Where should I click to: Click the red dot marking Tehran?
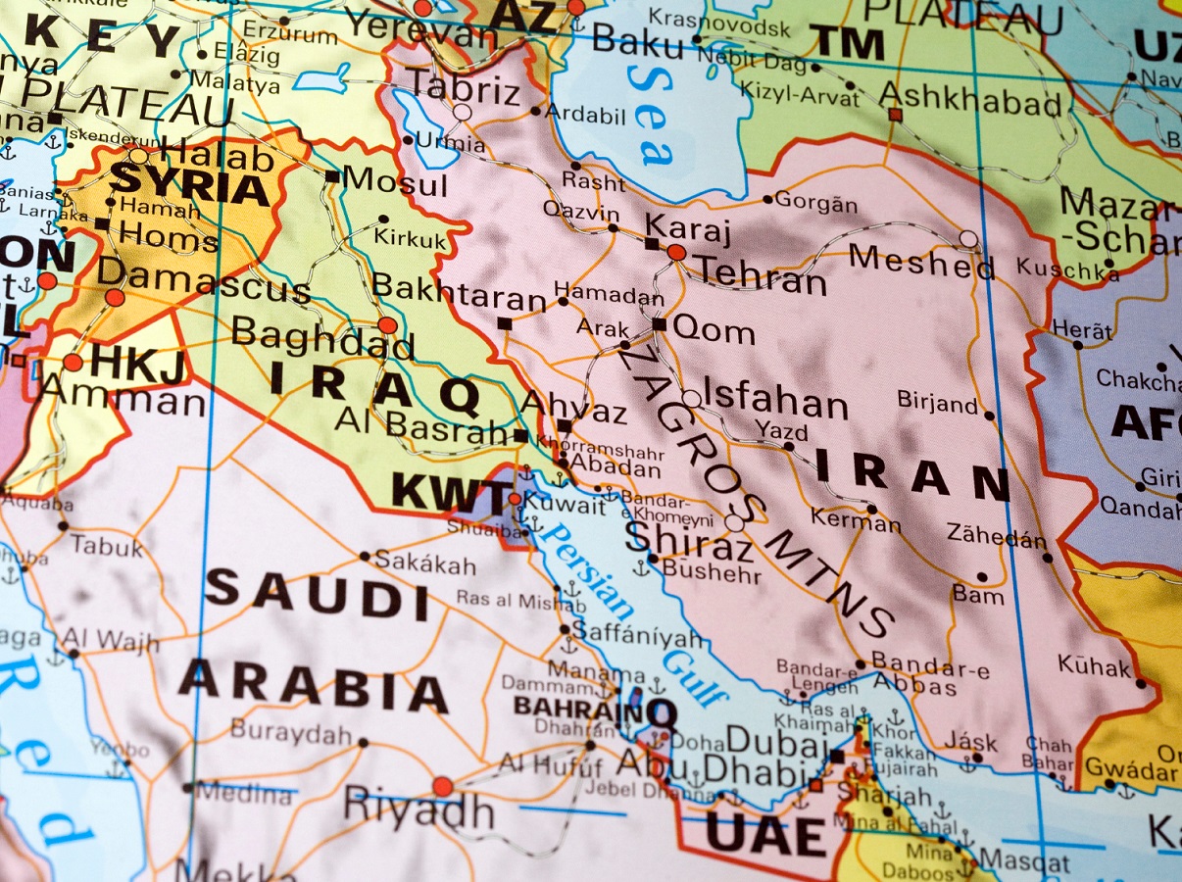tap(676, 252)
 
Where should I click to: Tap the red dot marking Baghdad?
tap(388, 324)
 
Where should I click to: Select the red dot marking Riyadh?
tap(443, 786)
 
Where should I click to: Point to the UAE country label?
tap(766, 836)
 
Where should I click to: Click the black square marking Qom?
tap(659, 324)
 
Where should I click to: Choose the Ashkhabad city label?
tap(970, 98)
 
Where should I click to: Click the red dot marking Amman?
tap(73, 363)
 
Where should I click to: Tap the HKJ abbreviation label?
tap(137, 366)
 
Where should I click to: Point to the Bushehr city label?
tap(712, 569)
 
